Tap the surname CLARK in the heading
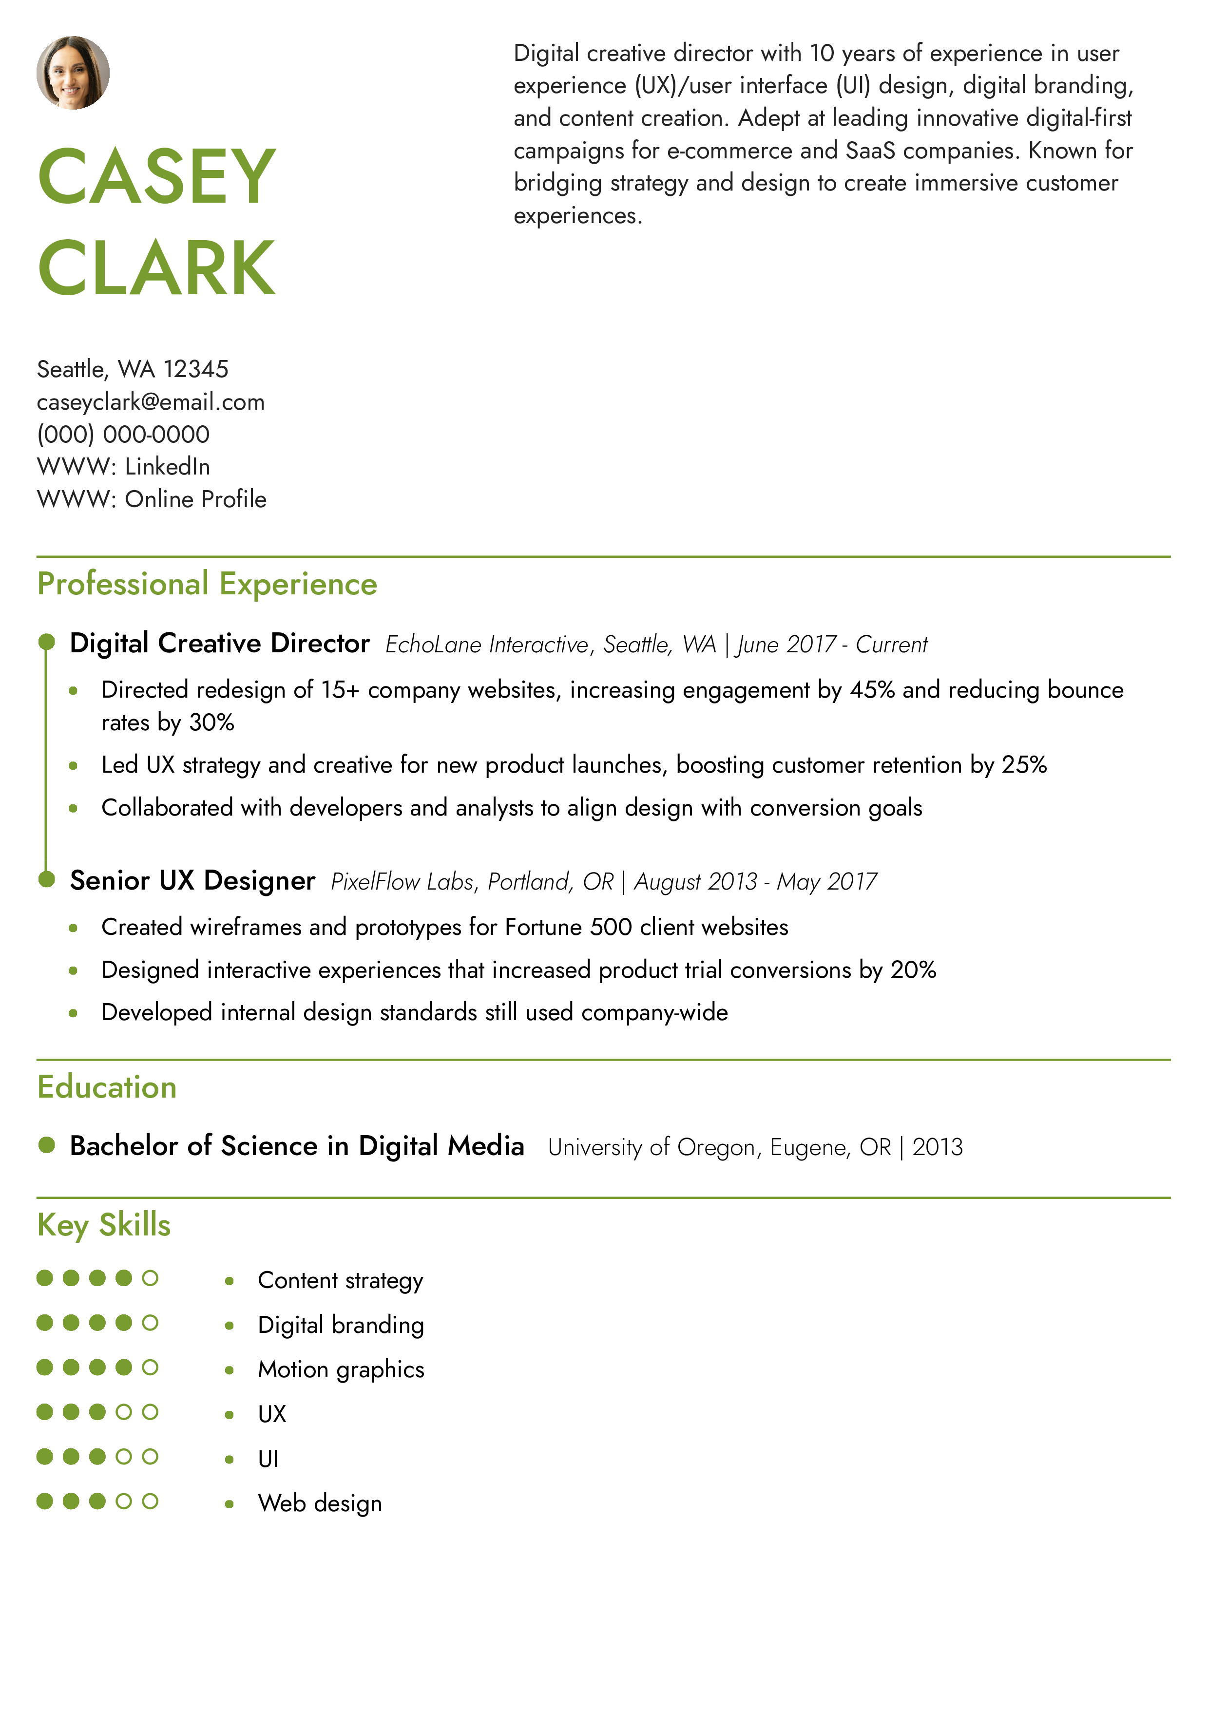(x=157, y=268)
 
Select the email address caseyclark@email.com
(x=151, y=402)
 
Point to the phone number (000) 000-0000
(x=124, y=434)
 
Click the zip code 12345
(x=196, y=369)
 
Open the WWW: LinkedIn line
(x=124, y=467)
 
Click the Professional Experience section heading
(x=207, y=584)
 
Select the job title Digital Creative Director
(x=220, y=643)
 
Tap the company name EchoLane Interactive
(x=487, y=645)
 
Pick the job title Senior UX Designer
(x=193, y=880)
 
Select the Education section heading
(x=107, y=1087)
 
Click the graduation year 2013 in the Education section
(x=938, y=1147)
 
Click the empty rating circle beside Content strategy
(x=151, y=1278)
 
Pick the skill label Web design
(x=320, y=1503)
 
